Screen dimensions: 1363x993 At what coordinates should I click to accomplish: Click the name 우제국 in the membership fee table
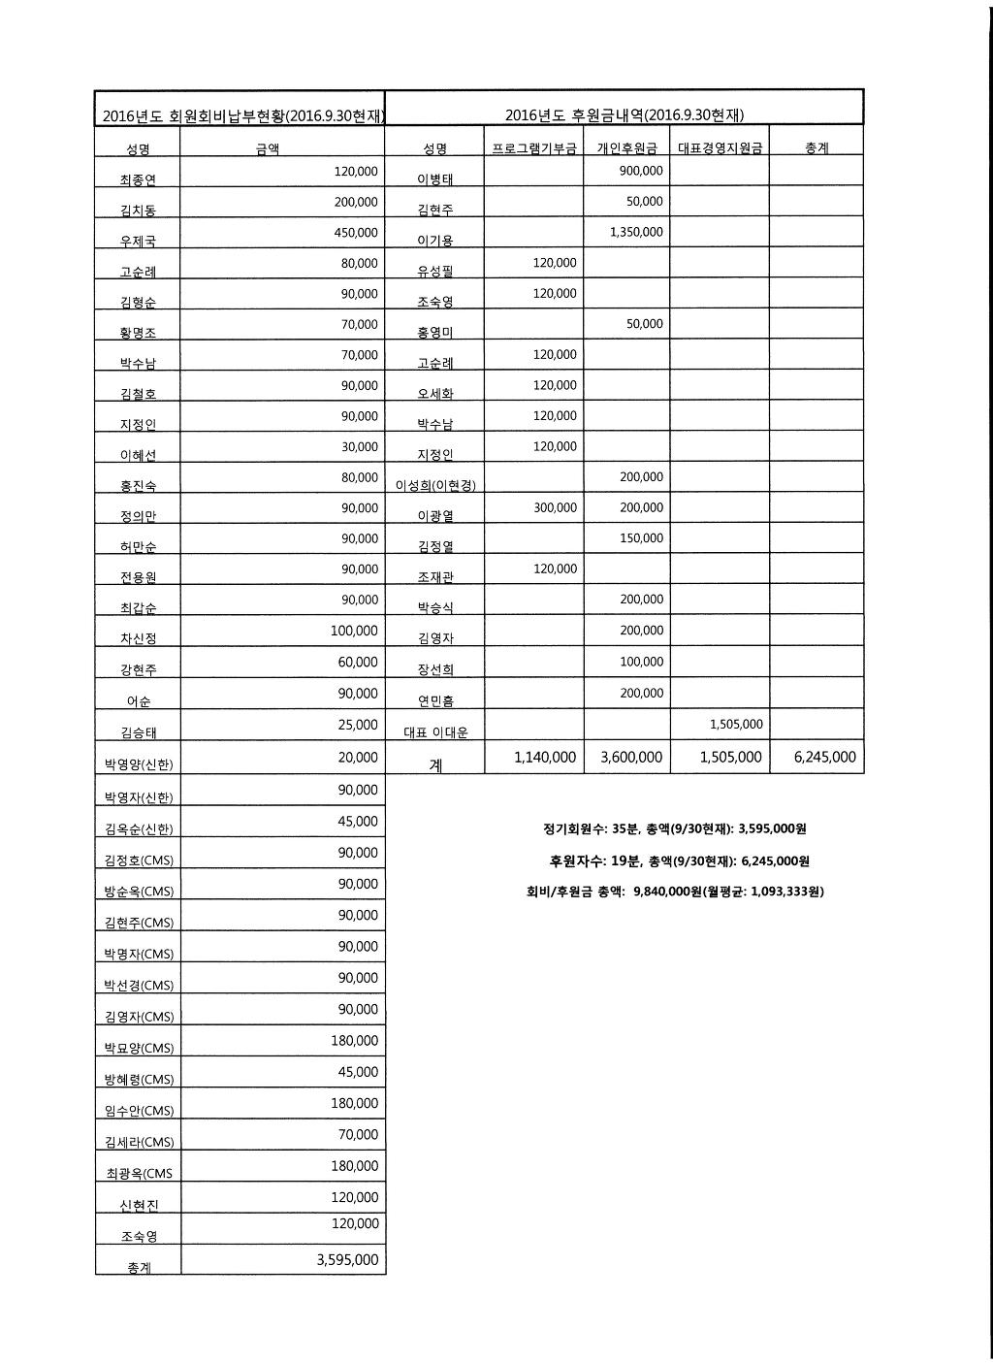tap(137, 241)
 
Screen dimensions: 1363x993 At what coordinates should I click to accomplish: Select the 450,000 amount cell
tap(355, 233)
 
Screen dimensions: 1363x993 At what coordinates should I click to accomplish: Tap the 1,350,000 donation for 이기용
tap(636, 233)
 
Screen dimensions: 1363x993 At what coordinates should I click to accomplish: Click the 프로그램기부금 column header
tap(533, 148)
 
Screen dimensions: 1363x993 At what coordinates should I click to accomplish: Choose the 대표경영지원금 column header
tap(719, 148)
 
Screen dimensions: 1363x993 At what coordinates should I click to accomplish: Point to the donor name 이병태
tap(434, 179)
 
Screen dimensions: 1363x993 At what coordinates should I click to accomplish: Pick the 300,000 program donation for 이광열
tap(555, 508)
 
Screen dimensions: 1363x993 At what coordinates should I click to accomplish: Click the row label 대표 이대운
tap(435, 733)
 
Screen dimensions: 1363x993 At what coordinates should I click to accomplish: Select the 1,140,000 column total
tap(545, 758)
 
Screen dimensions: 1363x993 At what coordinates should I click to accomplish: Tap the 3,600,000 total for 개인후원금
tap(631, 758)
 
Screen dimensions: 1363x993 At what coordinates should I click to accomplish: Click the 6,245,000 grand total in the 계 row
tap(824, 758)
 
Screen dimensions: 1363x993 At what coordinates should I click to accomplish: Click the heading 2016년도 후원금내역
tap(624, 115)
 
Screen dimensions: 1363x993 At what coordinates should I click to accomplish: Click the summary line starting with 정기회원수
tap(674, 829)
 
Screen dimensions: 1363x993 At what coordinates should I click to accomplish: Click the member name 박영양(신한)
tap(138, 764)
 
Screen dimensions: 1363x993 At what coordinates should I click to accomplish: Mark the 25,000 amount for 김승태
tap(359, 726)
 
